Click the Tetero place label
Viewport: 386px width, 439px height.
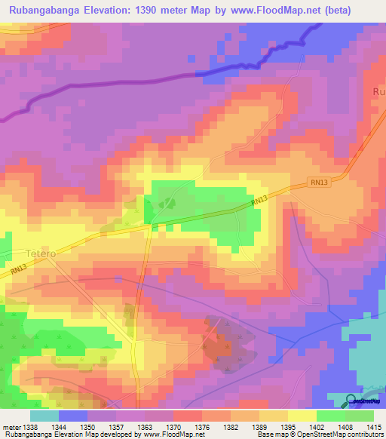tap(41, 253)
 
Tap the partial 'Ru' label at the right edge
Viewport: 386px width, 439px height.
tap(378, 92)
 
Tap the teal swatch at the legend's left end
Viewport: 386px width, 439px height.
tap(44, 416)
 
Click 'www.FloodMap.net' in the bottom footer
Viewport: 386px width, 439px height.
tap(167, 435)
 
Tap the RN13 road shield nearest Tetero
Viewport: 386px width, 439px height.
tap(18, 268)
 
